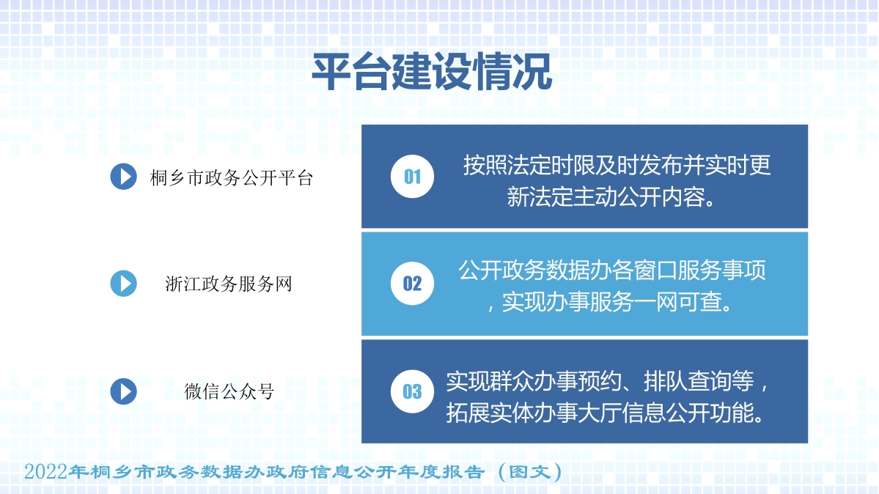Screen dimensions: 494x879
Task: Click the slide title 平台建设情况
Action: click(432, 72)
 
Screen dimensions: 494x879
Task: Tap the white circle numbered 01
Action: click(412, 177)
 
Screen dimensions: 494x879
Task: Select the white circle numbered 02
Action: click(412, 284)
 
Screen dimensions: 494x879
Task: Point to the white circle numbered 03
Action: click(412, 391)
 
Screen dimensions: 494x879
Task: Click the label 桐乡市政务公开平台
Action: click(232, 177)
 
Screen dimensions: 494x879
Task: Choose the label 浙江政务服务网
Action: click(229, 284)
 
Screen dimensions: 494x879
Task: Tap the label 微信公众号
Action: click(229, 391)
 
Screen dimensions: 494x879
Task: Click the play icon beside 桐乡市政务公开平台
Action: click(123, 177)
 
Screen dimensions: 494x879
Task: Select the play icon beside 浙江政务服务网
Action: click(123, 284)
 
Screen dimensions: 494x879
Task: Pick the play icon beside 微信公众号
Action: click(123, 391)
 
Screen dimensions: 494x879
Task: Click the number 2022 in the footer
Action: click(45, 471)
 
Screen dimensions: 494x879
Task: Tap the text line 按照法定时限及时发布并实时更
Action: click(617, 166)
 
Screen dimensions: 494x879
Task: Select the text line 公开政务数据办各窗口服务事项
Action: click(612, 271)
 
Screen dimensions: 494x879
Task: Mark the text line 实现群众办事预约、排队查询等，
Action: click(608, 381)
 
